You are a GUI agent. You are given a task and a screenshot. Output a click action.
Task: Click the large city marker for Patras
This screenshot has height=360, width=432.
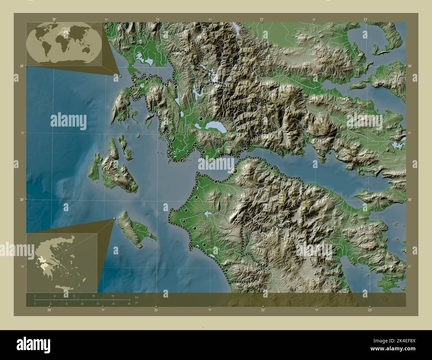click(x=235, y=170)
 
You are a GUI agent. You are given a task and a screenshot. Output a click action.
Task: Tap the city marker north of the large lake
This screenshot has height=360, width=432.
click(x=201, y=119)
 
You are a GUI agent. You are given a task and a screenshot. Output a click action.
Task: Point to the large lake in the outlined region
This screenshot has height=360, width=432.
click(x=215, y=126)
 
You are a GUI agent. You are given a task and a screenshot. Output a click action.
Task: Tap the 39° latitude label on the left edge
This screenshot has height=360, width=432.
click(x=21, y=66)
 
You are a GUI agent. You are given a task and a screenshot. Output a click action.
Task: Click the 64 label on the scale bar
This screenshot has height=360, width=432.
click(x=113, y=296)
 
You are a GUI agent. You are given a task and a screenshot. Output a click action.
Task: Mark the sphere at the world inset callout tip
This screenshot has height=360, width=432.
click(x=120, y=76)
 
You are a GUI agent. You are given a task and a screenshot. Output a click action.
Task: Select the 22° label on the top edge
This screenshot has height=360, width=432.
click(x=262, y=19)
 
